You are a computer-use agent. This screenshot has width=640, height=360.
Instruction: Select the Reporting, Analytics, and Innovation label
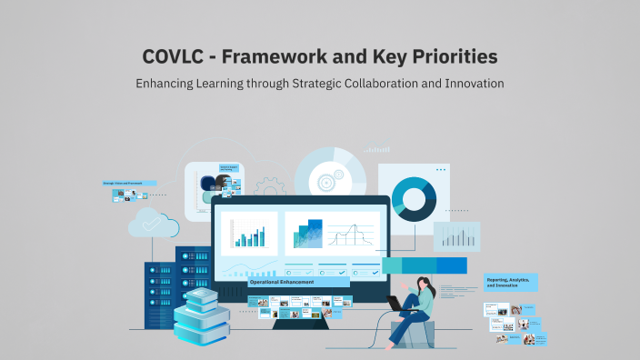tap(511, 283)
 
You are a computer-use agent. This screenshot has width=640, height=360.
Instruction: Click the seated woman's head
tap(424, 285)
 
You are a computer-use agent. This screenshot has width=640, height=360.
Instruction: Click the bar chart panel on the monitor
tap(249, 234)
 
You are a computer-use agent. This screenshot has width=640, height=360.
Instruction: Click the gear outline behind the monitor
tap(269, 189)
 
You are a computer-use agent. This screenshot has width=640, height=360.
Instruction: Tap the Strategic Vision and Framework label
tap(128, 183)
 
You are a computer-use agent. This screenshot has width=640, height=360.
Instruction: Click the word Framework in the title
tap(285, 56)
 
